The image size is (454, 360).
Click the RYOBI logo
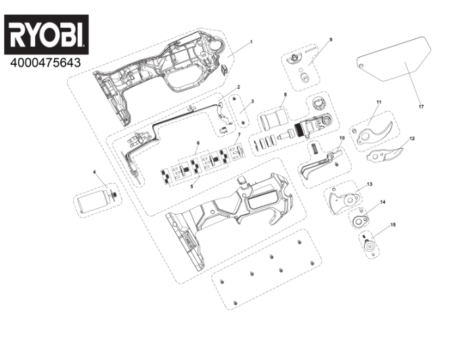pos(46,35)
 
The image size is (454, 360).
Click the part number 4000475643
pos(45,63)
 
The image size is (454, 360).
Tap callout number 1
pos(251,42)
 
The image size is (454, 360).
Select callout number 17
pos(421,107)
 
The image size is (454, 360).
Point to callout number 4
pos(94,172)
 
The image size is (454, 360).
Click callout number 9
pos(331,40)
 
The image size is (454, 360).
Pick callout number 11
pos(379,102)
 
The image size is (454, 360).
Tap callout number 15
pos(393,225)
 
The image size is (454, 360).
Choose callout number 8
pos(286,95)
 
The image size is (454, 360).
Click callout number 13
pos(369,184)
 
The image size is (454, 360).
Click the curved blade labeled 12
pos(385,155)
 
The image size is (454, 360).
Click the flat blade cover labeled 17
pos(394,59)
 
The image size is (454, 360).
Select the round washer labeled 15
pos(369,246)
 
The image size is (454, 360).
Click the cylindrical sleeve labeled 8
pos(273,118)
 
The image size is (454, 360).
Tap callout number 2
pos(239,87)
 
